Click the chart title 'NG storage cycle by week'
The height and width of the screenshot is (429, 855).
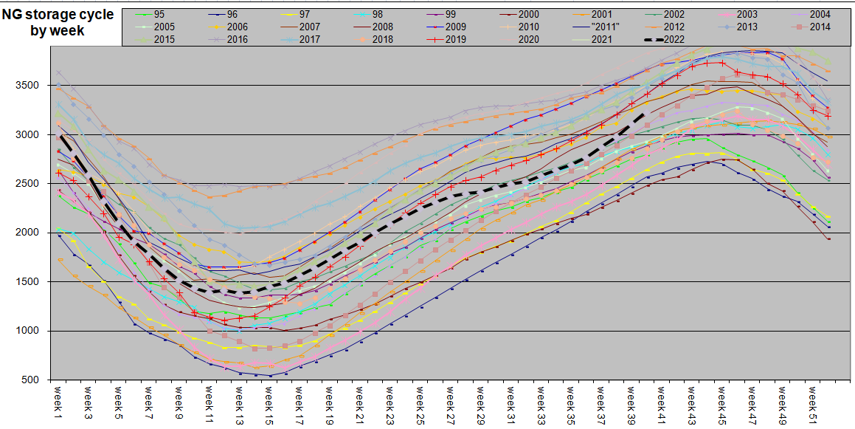point(58,23)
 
